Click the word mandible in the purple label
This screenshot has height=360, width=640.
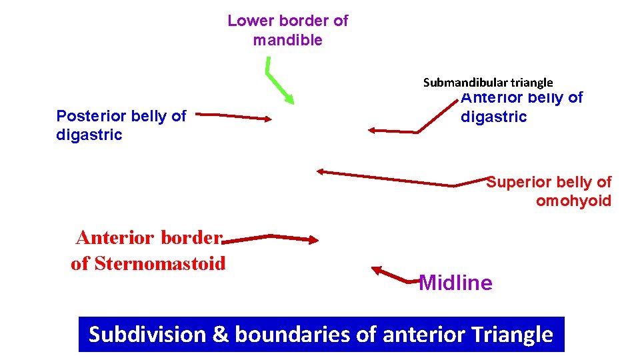pos(287,40)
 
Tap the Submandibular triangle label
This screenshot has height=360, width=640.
pos(488,83)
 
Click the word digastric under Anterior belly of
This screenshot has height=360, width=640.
pos(493,117)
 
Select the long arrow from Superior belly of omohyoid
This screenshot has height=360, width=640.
pos(387,177)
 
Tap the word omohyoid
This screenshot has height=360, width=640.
pos(573,201)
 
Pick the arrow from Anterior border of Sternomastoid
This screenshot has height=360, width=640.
pos(273,238)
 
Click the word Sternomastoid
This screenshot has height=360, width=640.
pos(160,264)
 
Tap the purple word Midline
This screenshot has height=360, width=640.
pos(455,283)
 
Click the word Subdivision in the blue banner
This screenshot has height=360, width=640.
pos(147,334)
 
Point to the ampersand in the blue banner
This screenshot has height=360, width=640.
pos(221,334)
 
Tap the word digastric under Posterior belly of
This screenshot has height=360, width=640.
pos(89,135)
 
